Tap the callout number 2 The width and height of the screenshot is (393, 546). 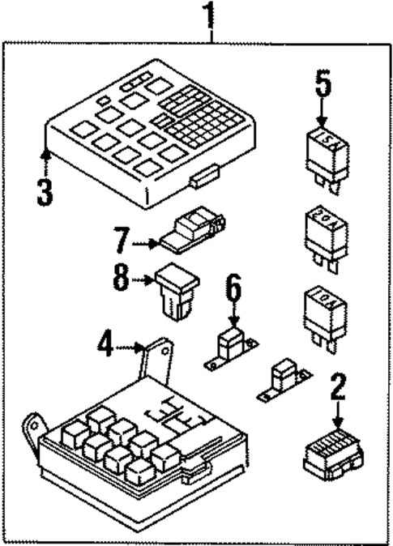coord(338,387)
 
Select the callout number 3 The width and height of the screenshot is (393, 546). coord(44,191)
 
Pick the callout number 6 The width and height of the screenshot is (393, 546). coord(233,287)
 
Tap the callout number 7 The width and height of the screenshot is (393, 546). coord(122,241)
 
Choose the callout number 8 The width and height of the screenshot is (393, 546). coord(122,282)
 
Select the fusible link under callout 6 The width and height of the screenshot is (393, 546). coord(230,347)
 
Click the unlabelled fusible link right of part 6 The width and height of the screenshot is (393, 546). coord(283,380)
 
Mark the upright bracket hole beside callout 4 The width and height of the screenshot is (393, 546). coord(164,352)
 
